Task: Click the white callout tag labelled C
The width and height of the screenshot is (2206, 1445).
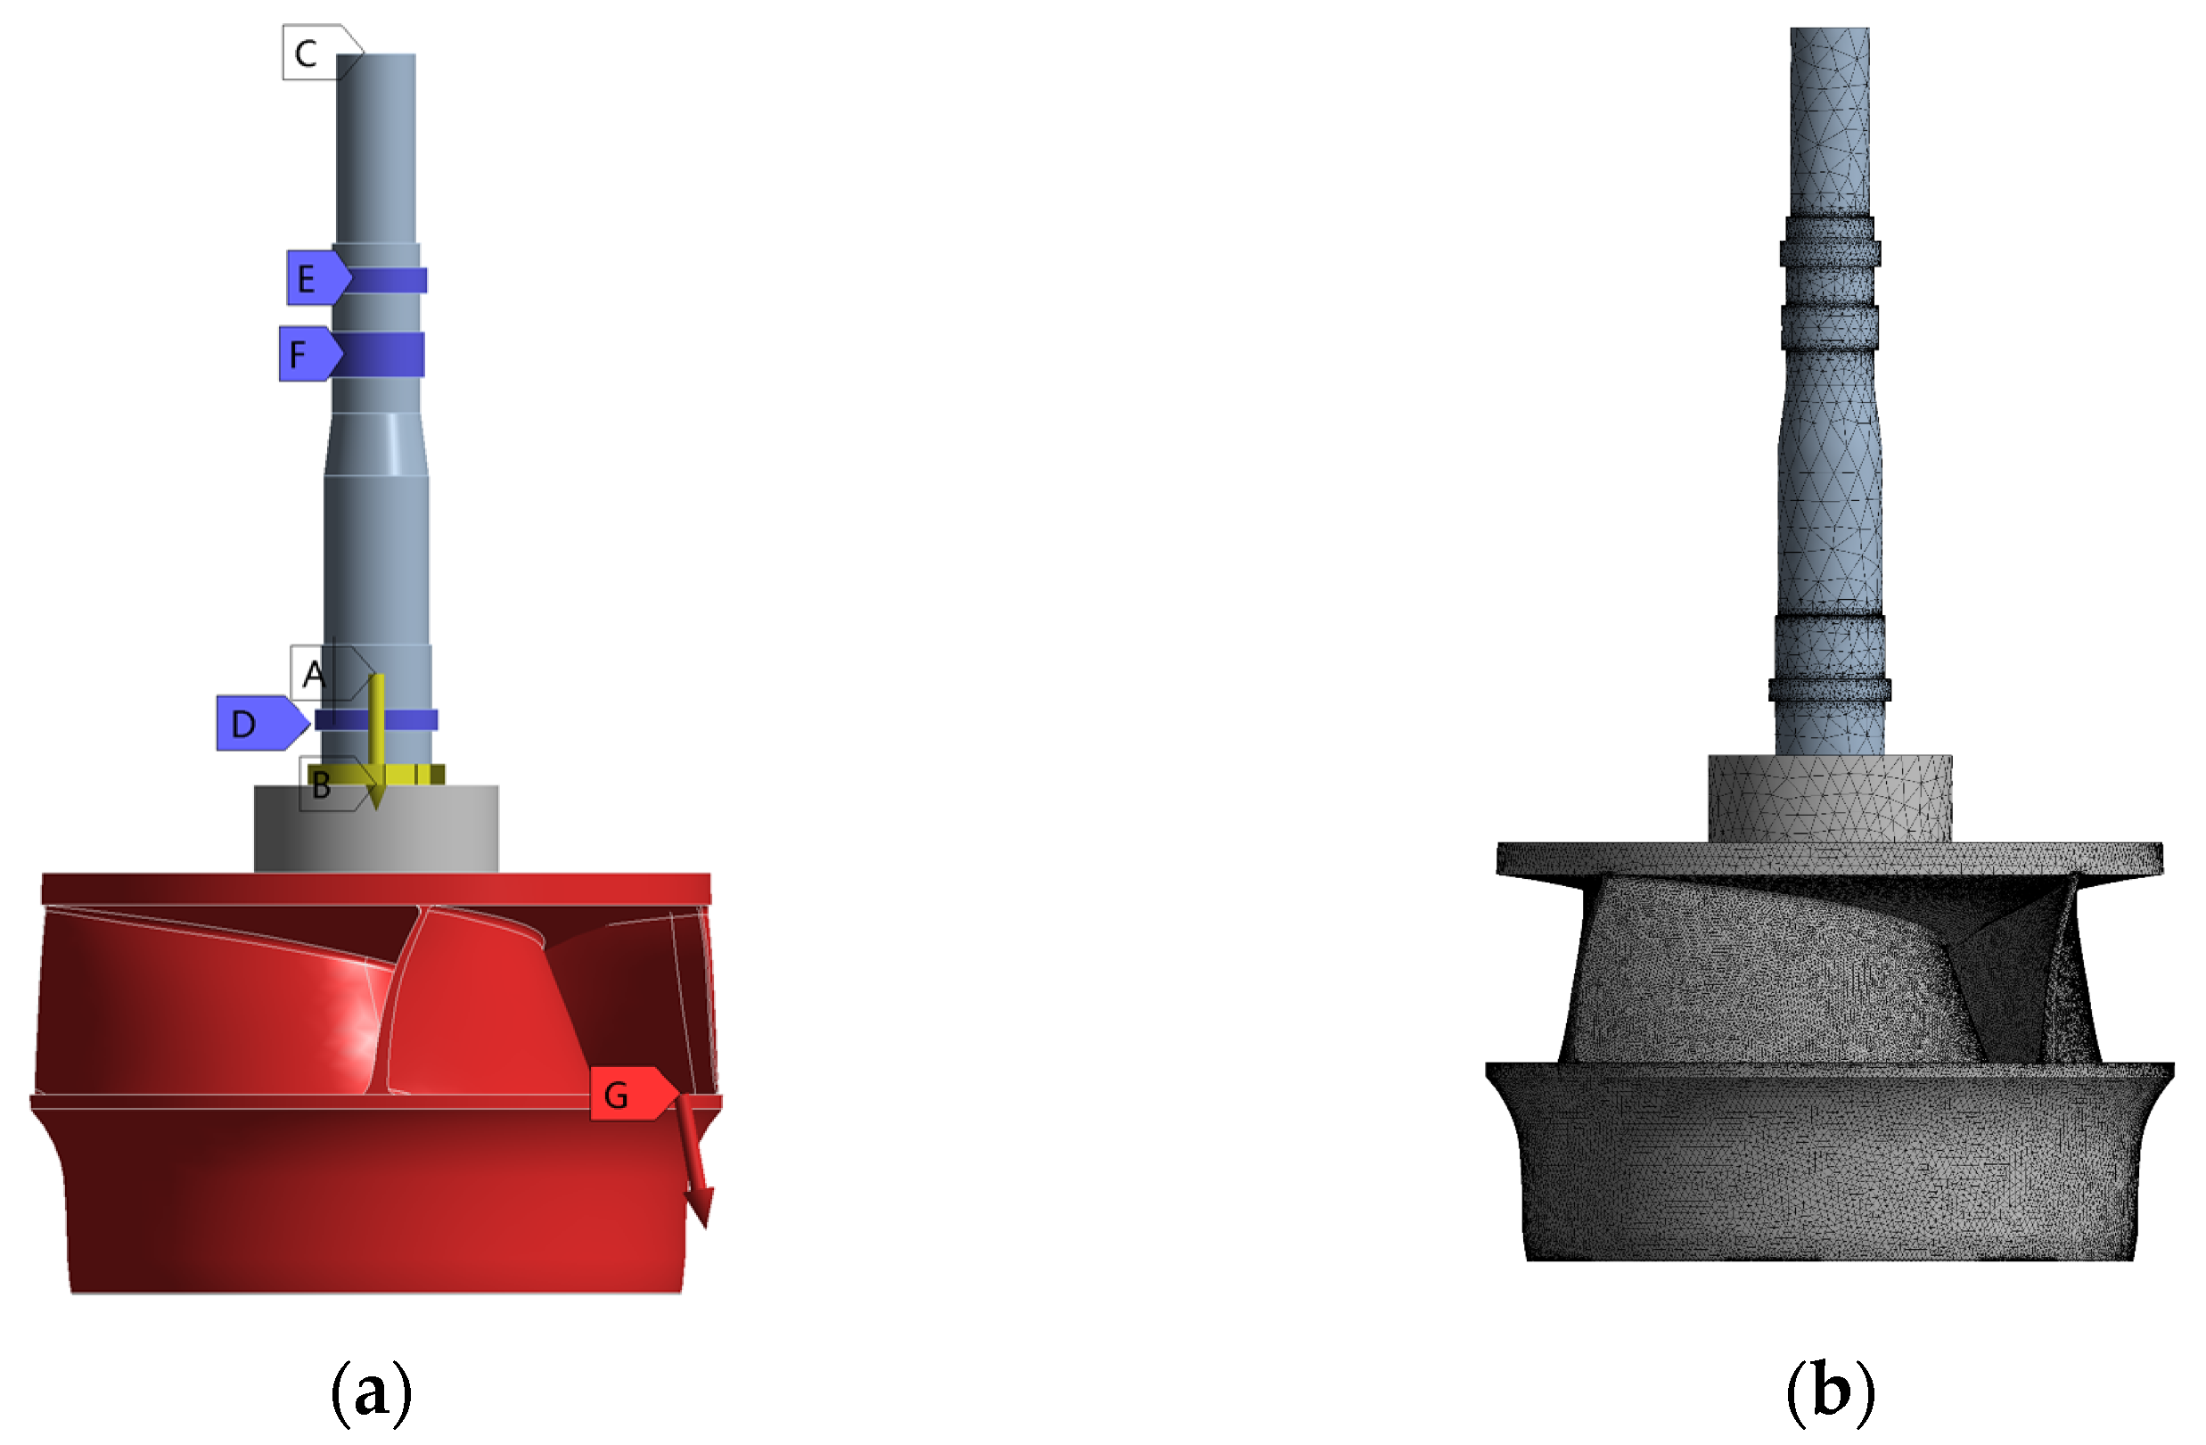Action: [321, 53]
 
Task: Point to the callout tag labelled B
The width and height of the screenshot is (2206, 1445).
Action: [333, 784]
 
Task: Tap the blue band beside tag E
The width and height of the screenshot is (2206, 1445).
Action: [386, 280]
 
